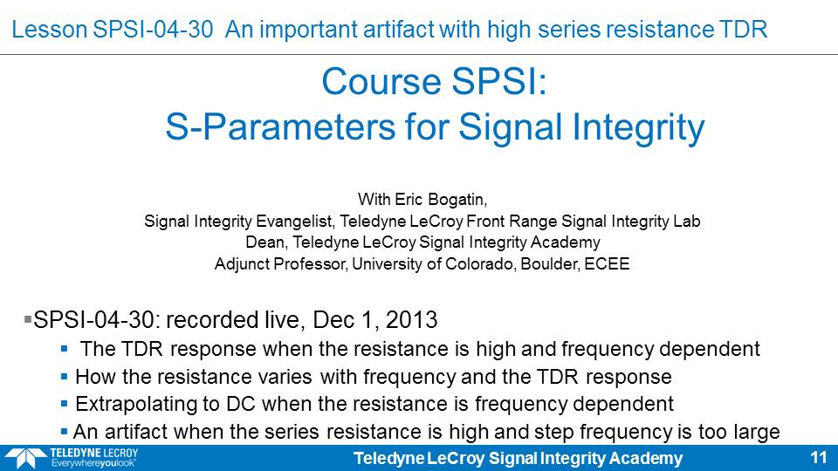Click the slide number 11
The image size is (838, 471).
tap(819, 458)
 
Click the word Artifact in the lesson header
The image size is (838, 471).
tap(396, 30)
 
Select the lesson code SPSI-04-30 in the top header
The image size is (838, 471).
tap(153, 30)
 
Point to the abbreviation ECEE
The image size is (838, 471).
tap(607, 263)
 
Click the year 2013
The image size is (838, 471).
tap(411, 320)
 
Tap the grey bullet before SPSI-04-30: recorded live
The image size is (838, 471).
tap(28, 320)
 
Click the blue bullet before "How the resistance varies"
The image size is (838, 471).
tap(64, 377)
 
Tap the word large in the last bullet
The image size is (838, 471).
tap(758, 432)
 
